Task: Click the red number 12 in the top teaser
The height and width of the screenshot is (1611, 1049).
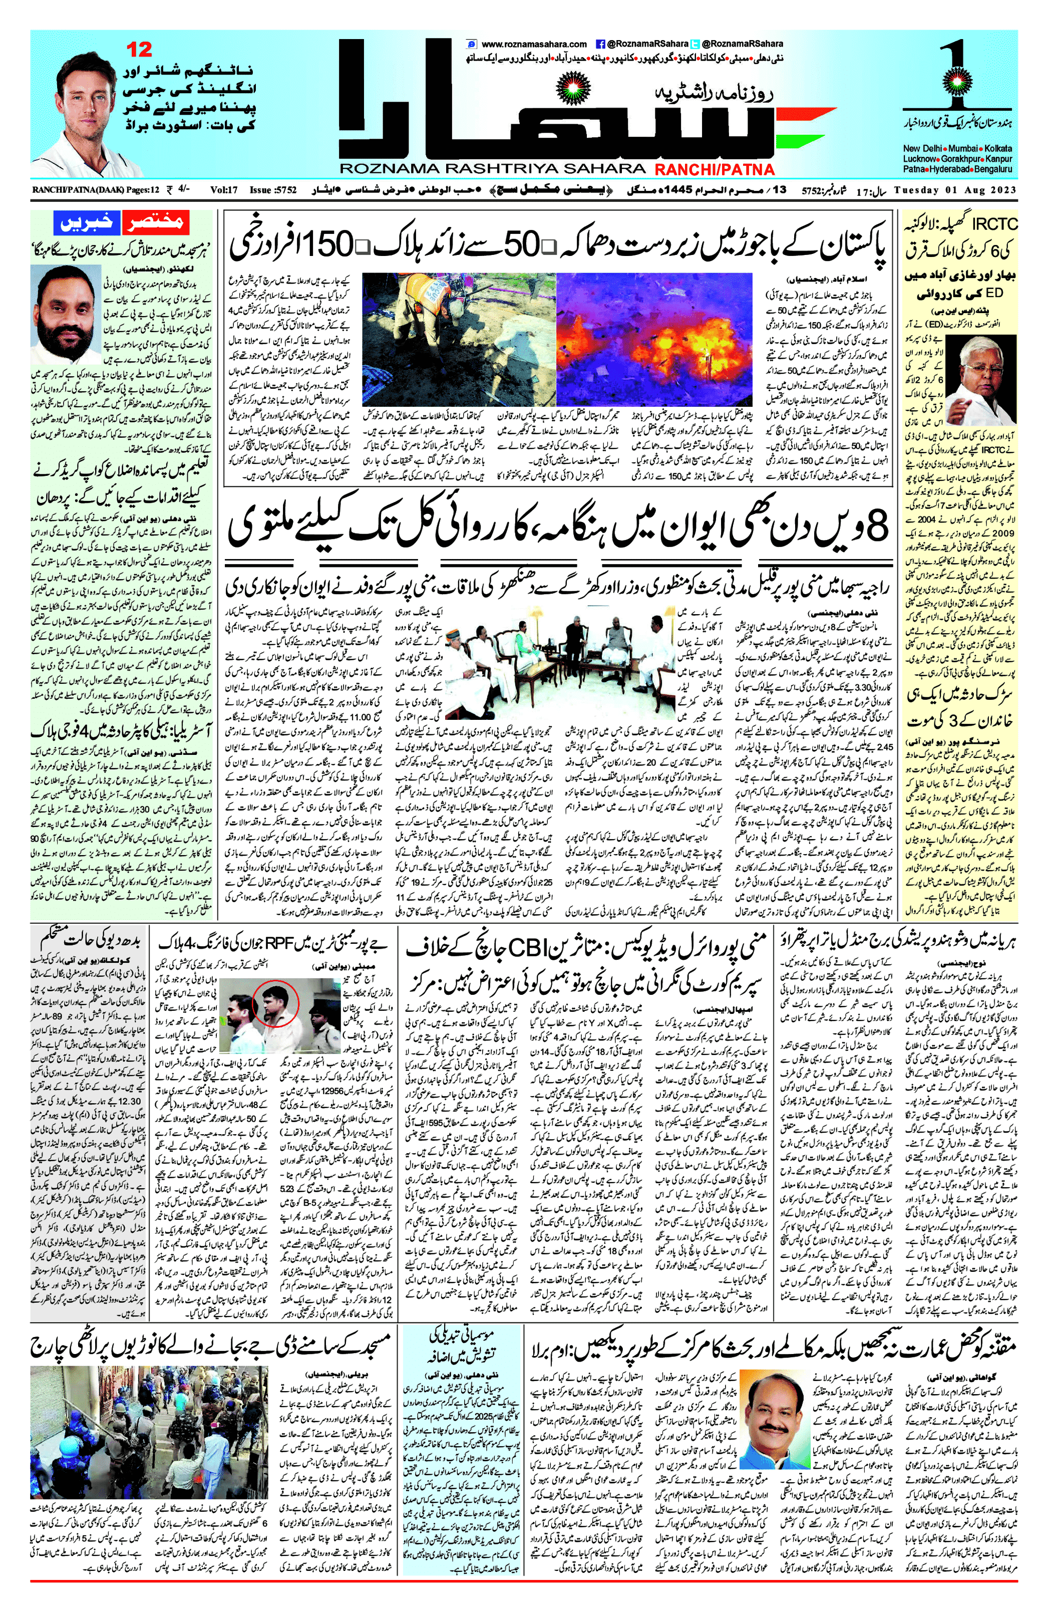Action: pos(140,50)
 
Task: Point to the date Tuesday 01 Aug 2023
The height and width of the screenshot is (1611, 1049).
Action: pos(954,190)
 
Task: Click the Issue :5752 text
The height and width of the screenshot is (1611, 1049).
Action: pos(273,190)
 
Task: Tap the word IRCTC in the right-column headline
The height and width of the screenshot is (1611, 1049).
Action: pos(995,224)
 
